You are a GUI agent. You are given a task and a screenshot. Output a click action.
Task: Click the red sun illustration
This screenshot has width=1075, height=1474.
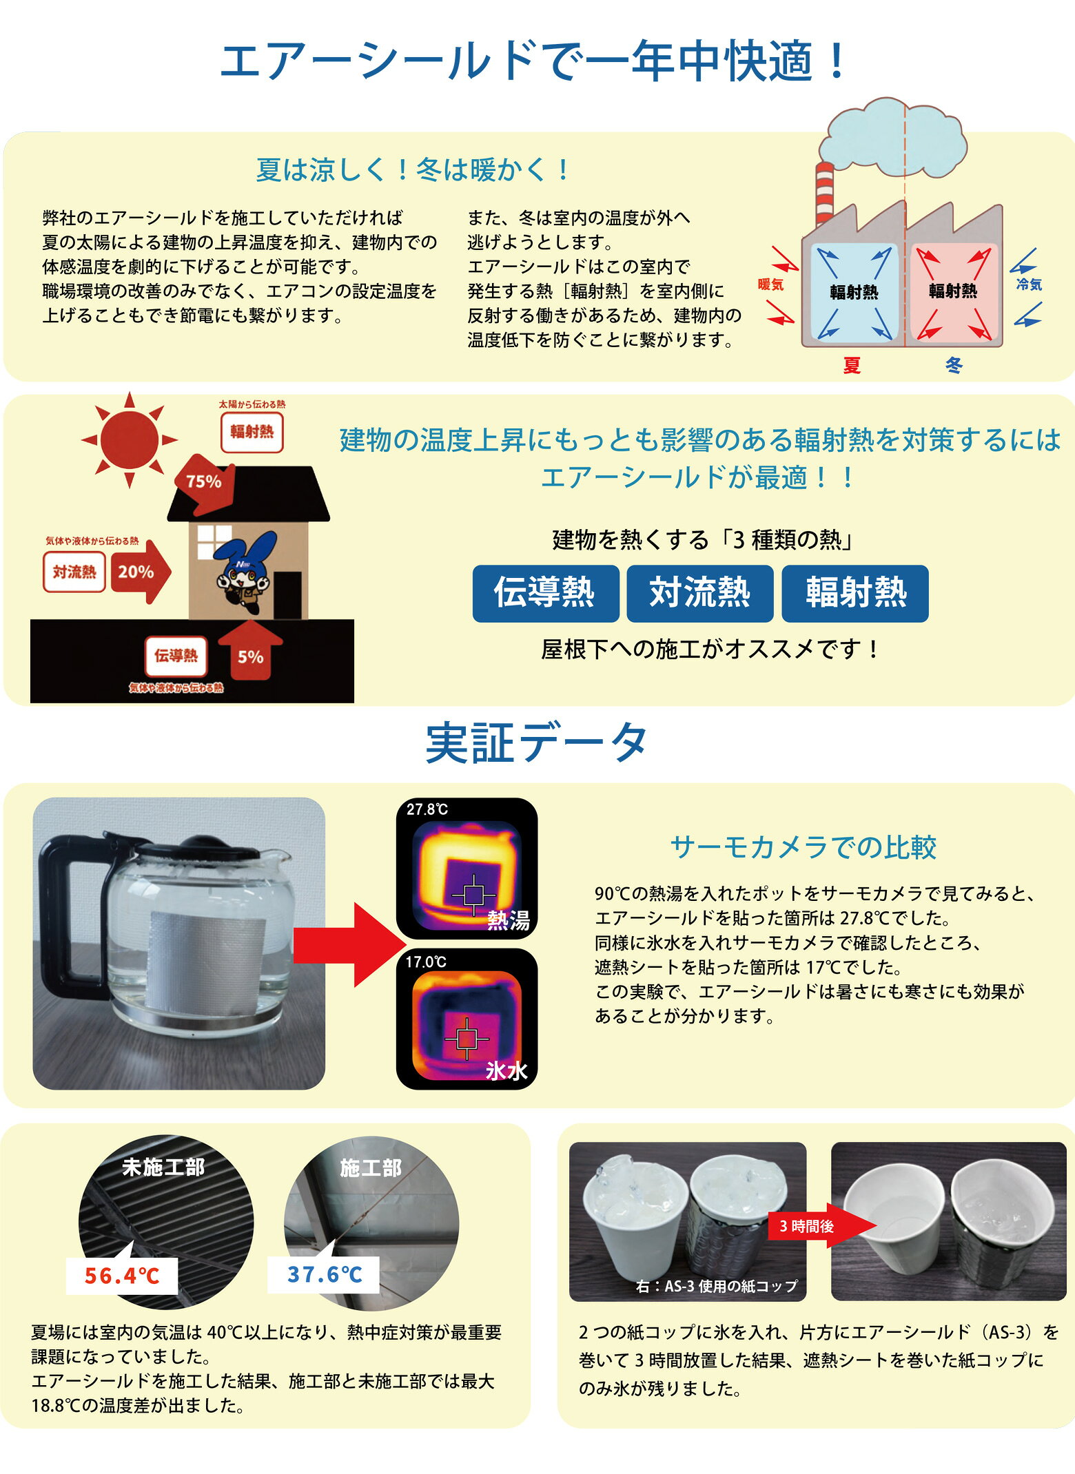[x=129, y=439]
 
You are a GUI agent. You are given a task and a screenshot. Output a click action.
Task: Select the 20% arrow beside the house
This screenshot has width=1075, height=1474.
[x=141, y=572]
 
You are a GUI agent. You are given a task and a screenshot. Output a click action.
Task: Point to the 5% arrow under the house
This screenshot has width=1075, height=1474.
[x=250, y=650]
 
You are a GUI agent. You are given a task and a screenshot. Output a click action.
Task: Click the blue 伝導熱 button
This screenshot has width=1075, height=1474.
[x=545, y=593]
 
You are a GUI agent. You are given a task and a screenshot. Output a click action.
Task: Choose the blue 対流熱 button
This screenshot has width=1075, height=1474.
[x=699, y=593]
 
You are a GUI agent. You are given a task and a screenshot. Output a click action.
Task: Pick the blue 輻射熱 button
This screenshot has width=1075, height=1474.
[x=855, y=593]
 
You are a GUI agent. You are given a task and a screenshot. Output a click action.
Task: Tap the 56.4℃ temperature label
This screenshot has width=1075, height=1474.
[x=122, y=1275]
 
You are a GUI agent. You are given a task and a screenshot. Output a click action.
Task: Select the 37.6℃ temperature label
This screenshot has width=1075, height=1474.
[x=324, y=1274]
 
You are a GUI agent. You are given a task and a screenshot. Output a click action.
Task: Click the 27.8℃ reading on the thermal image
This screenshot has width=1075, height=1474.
[x=427, y=809]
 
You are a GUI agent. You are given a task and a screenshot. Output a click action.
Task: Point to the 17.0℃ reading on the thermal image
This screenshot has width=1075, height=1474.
[x=426, y=962]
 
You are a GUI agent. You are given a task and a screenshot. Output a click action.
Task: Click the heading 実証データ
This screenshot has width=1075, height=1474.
[x=537, y=743]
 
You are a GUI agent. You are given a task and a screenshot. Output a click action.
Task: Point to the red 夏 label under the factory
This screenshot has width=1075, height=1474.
[x=852, y=365]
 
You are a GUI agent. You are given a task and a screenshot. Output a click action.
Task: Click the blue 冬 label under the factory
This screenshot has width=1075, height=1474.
[x=954, y=365]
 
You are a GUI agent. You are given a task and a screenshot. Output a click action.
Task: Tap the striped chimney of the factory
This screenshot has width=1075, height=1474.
[x=824, y=196]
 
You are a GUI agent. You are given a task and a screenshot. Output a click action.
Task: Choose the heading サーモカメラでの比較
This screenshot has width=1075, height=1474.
[x=803, y=847]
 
